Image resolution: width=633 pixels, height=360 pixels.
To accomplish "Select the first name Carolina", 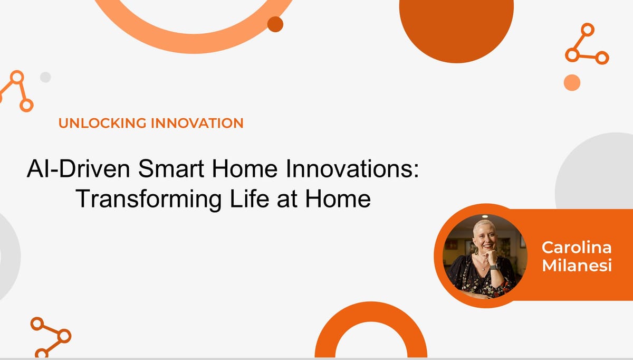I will [576, 247].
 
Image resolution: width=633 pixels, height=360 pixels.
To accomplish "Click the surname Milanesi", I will [576, 266].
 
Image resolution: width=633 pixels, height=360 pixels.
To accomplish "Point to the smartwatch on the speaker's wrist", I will [494, 267].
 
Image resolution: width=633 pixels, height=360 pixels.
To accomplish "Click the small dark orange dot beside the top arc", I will [275, 24].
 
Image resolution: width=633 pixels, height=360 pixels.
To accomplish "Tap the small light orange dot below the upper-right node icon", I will [572, 82].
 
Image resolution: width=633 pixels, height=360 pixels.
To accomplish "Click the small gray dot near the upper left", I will [45, 77].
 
